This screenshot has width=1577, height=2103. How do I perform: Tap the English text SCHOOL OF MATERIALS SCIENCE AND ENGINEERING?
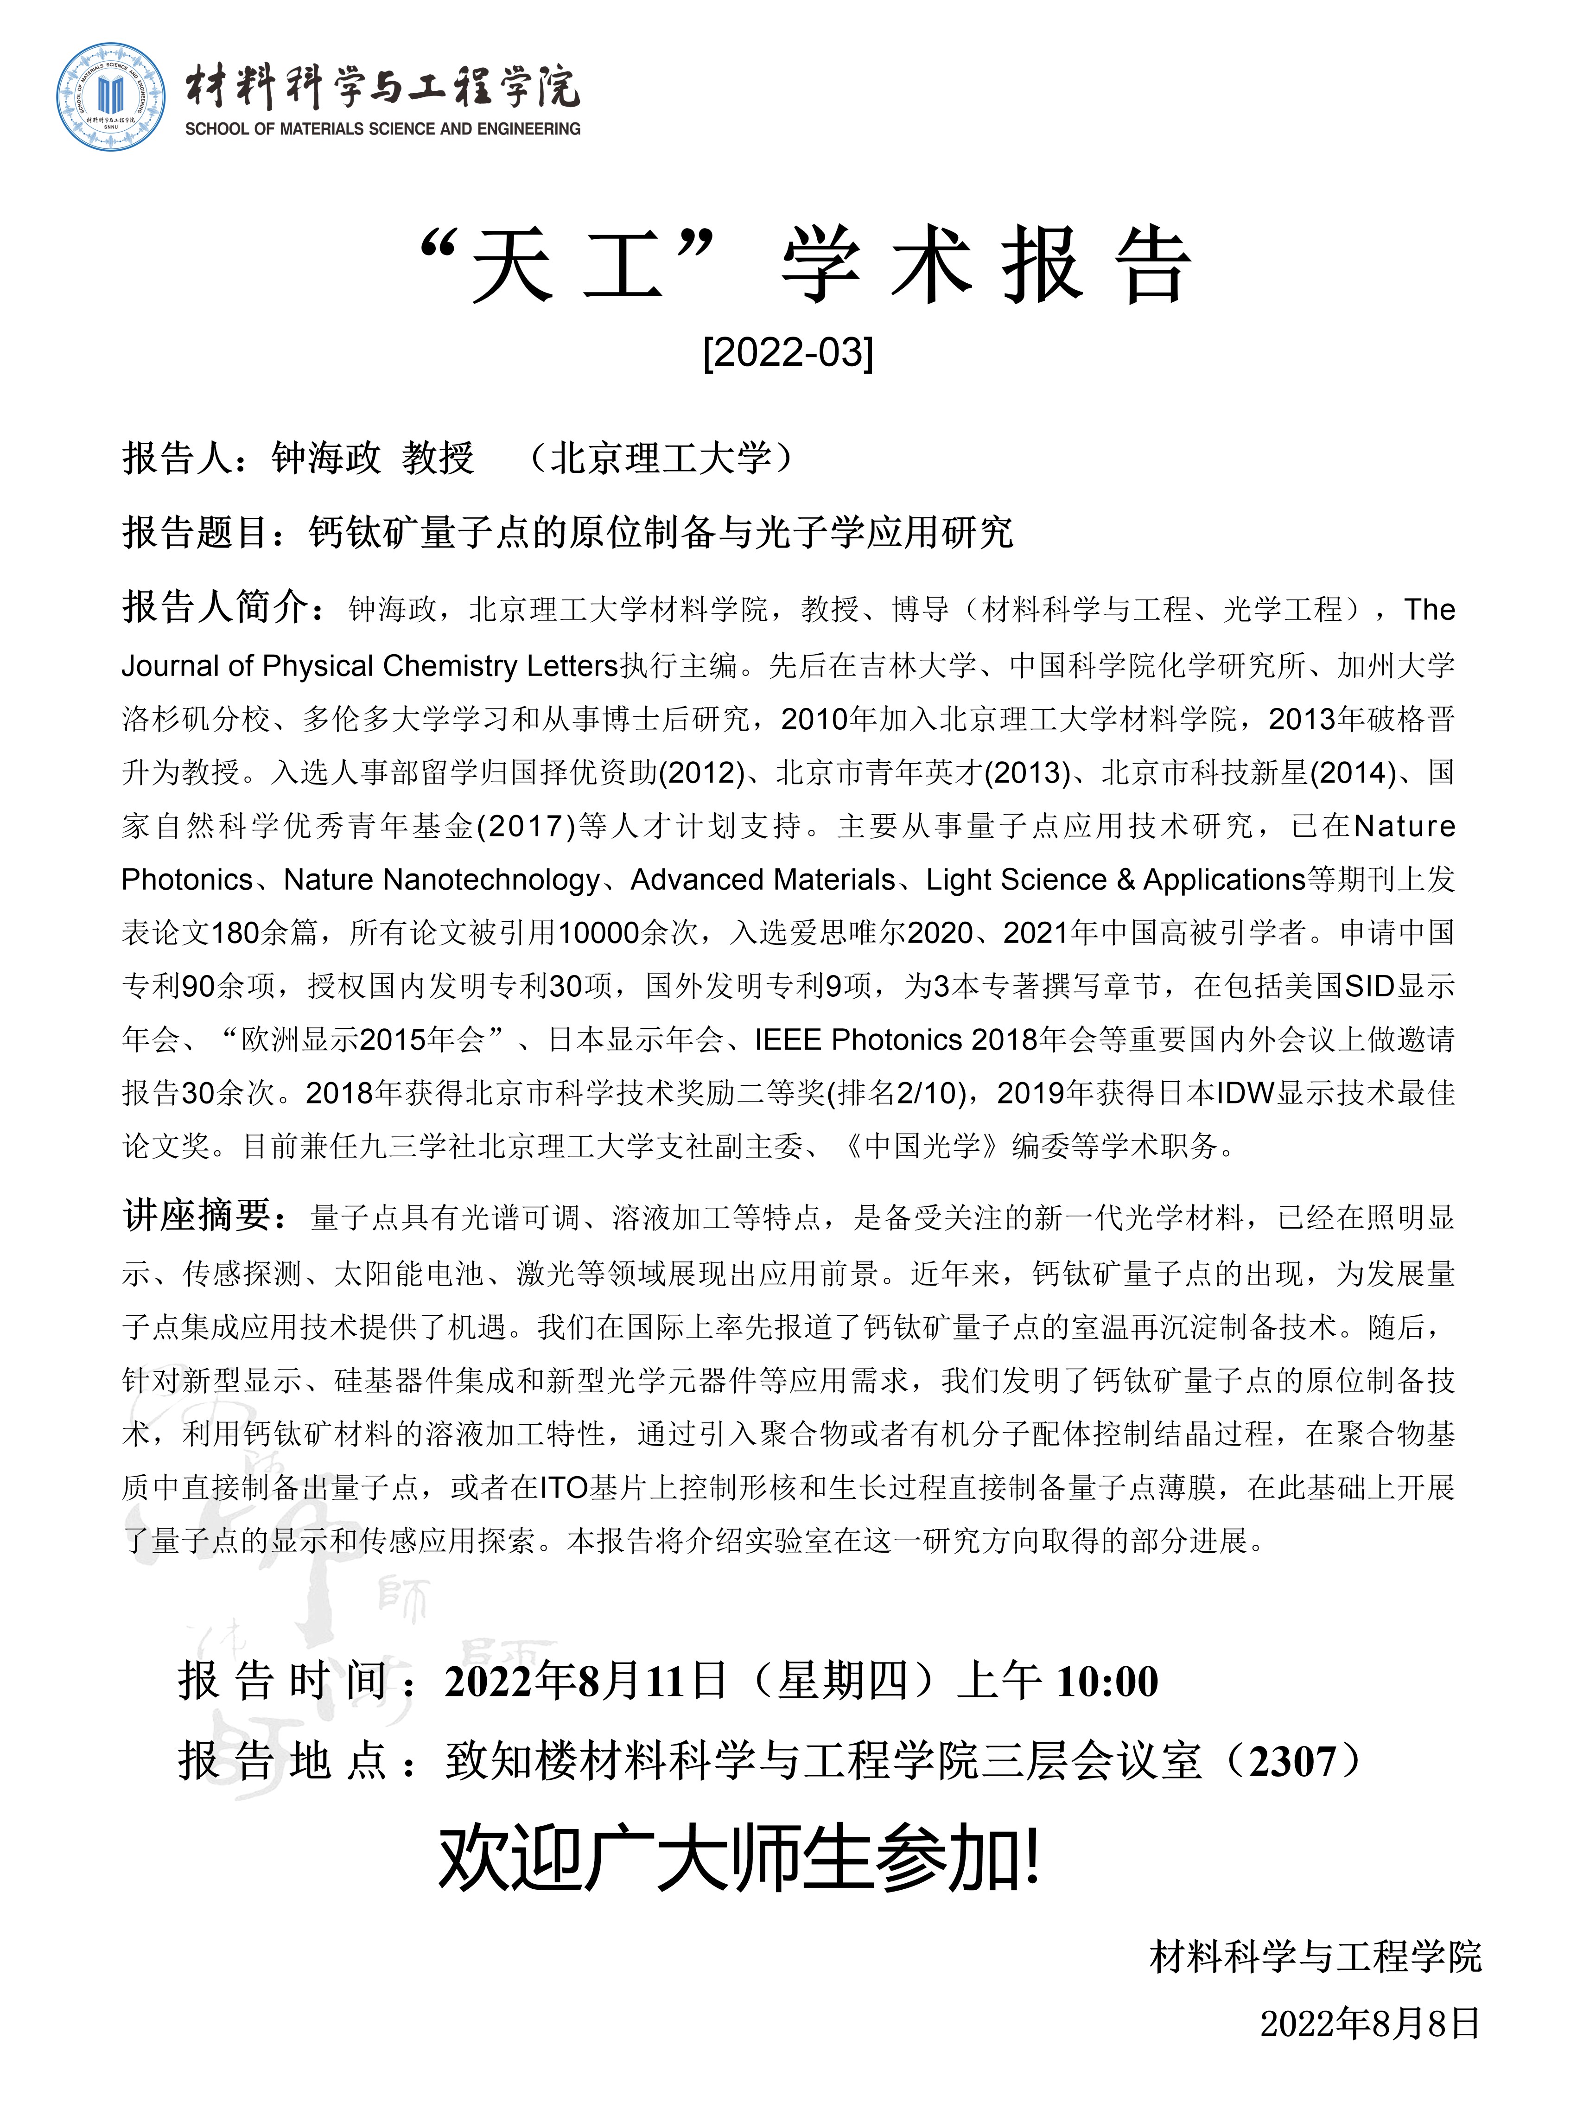point(382,128)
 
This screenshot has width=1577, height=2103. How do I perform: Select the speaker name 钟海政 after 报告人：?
point(325,458)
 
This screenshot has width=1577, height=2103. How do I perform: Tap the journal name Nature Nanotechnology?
point(442,879)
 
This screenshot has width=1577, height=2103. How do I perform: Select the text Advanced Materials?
point(763,879)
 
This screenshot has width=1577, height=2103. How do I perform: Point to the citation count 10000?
point(598,933)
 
